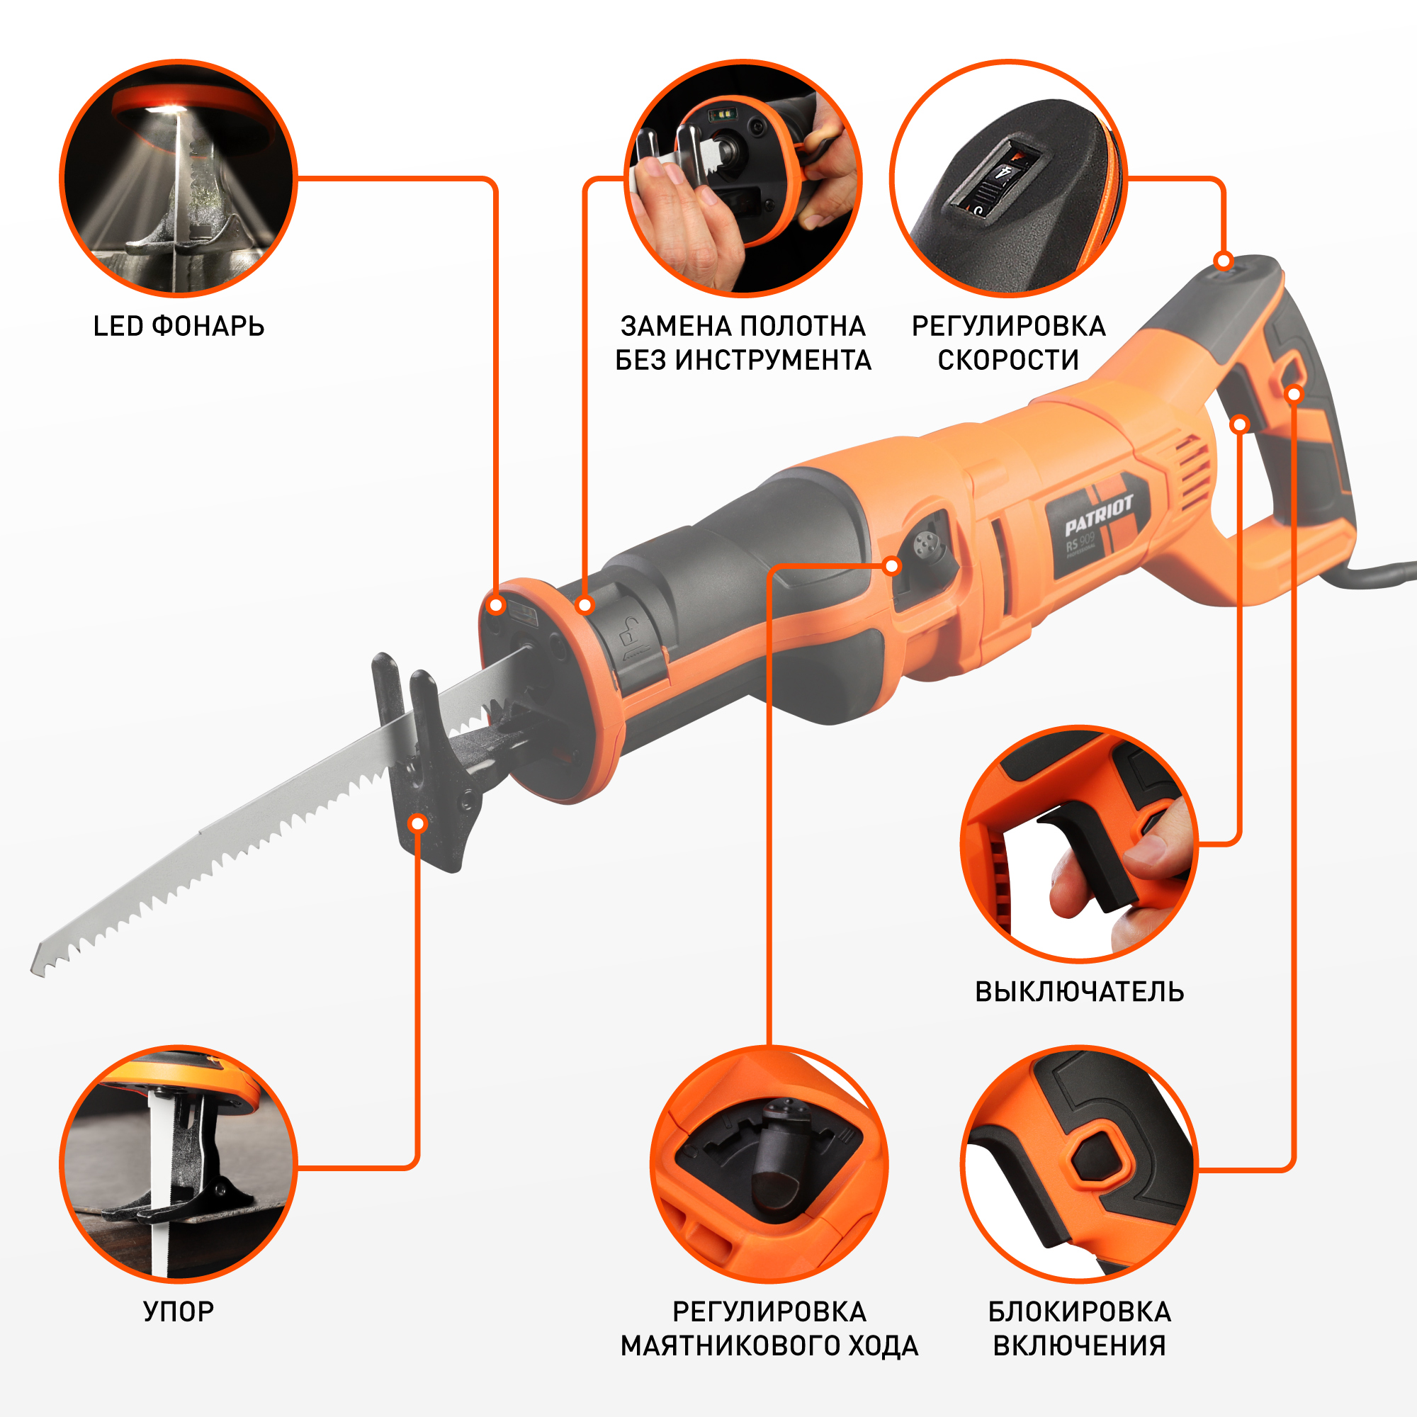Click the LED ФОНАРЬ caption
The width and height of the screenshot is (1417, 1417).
pyautogui.click(x=179, y=327)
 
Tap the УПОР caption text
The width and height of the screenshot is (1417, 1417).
pyautogui.click(x=179, y=1311)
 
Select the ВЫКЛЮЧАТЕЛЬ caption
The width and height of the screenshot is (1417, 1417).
pyautogui.click(x=1079, y=992)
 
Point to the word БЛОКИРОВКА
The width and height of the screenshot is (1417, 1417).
pyautogui.click(x=1079, y=1311)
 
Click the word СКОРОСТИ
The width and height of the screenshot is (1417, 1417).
pyautogui.click(x=1008, y=360)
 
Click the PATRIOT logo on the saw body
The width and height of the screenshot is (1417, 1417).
pyautogui.click(x=1099, y=515)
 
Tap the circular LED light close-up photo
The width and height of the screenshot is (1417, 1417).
pyautogui.click(x=179, y=179)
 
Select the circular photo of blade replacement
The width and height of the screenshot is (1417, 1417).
pyautogui.click(x=743, y=179)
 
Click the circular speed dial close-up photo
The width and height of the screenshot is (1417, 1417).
pyautogui.click(x=1008, y=179)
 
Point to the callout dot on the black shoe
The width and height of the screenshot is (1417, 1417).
pyautogui.click(x=417, y=824)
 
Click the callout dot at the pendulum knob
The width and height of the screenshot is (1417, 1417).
pyautogui.click(x=892, y=565)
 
